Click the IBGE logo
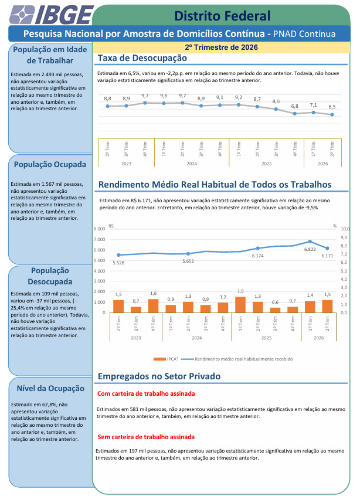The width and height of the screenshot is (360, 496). pyautogui.click(x=51, y=15)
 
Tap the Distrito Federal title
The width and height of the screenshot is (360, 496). pyautogui.click(x=222, y=16)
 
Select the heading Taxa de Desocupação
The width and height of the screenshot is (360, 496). pyautogui.click(x=142, y=58)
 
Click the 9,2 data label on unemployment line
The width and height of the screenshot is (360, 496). pyautogui.click(x=239, y=98)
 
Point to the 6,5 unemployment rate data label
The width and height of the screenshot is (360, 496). pyautogui.click(x=332, y=107)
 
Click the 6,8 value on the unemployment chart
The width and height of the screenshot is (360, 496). pyautogui.click(x=294, y=106)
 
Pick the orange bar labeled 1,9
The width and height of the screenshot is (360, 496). pyautogui.click(x=240, y=305)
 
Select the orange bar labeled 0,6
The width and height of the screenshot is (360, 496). pyautogui.click(x=275, y=310)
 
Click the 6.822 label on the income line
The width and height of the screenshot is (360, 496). pyautogui.click(x=310, y=249)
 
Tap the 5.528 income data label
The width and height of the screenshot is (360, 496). pyautogui.click(x=118, y=263)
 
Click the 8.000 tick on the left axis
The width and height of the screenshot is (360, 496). pyautogui.click(x=100, y=229)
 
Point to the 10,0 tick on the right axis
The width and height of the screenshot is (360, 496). pyautogui.click(x=345, y=229)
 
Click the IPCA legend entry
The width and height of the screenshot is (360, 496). pyautogui.click(x=165, y=359)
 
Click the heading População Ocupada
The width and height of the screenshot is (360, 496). pyautogui.click(x=50, y=165)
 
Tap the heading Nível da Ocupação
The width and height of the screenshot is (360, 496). pyautogui.click(x=50, y=389)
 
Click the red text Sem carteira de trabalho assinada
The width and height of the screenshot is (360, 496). pyautogui.click(x=146, y=437)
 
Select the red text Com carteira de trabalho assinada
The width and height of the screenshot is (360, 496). pyautogui.click(x=146, y=394)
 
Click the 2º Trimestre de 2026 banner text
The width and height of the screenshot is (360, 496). pyautogui.click(x=222, y=47)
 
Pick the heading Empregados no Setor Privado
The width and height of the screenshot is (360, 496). pyautogui.click(x=159, y=376)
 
